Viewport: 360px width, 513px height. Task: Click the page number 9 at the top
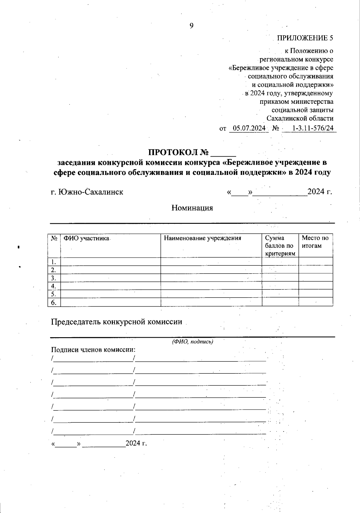pos(191,26)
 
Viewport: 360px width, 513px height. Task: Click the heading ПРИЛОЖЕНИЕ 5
pos(305,38)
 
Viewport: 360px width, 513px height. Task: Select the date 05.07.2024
pos(249,128)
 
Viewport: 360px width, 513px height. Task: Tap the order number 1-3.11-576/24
pos(313,128)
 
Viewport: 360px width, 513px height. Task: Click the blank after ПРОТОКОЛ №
pos(223,153)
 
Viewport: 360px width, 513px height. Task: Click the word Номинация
pos(192,208)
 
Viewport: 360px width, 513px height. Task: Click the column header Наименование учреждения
pos(202,238)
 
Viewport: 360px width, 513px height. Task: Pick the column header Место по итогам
pos(315,242)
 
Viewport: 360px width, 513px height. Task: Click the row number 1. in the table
pos(54,262)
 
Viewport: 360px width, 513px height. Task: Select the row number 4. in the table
pos(54,286)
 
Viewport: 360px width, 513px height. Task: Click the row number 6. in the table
pos(54,302)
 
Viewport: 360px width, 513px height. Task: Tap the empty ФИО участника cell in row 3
pos(110,278)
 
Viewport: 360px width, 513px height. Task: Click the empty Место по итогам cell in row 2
pos(316,270)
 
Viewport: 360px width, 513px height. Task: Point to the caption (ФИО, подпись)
pos(192,342)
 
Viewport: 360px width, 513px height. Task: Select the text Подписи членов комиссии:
pos(93,350)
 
